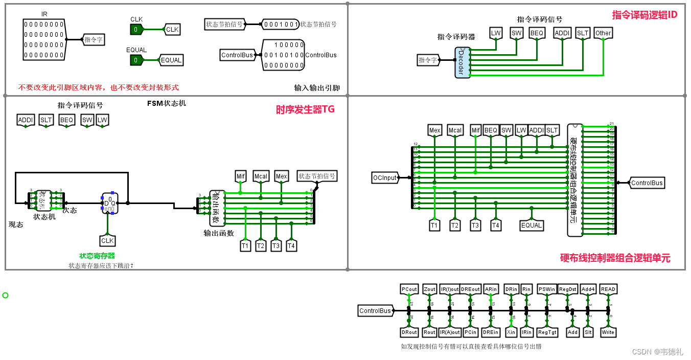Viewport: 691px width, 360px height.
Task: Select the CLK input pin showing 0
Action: pyautogui.click(x=136, y=30)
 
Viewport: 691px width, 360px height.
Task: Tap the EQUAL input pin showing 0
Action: pyautogui.click(x=136, y=60)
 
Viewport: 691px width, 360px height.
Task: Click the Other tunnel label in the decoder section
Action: pyautogui.click(x=603, y=33)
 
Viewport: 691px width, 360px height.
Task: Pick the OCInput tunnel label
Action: pyautogui.click(x=385, y=178)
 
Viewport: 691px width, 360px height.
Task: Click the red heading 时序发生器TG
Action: pyautogui.click(x=305, y=109)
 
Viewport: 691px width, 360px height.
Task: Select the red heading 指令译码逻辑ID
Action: pyautogui.click(x=644, y=15)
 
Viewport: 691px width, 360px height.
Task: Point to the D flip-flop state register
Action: pyautogui.click(x=110, y=203)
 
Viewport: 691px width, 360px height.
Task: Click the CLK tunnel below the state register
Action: pyautogui.click(x=107, y=240)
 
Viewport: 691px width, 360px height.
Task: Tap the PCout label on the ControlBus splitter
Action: pyautogui.click(x=409, y=289)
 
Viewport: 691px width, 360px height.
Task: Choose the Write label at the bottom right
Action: pyautogui.click(x=608, y=332)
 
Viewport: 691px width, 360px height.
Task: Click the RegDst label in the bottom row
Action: pyautogui.click(x=567, y=289)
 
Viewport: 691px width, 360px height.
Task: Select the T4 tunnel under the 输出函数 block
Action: pyautogui.click(x=291, y=246)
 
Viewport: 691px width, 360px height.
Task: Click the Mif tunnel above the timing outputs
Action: pyautogui.click(x=241, y=176)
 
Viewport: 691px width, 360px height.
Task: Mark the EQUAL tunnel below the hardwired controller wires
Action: pyautogui.click(x=532, y=226)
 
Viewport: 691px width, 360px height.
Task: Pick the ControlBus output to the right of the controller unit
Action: pyautogui.click(x=647, y=183)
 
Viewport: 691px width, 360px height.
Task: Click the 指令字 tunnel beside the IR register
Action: pyautogui.click(x=94, y=39)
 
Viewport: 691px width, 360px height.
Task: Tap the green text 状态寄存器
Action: pyautogui.click(x=97, y=256)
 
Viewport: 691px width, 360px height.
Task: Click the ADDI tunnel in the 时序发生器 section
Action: pyautogui.click(x=25, y=120)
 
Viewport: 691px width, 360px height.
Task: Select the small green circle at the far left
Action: pyautogui.click(x=6, y=295)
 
